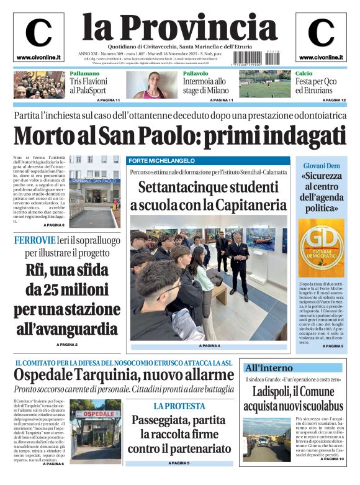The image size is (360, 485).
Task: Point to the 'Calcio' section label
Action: click(x=304, y=74)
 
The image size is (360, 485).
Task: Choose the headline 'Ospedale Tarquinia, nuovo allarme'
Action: click(x=124, y=376)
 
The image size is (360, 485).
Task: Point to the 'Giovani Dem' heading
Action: click(x=321, y=166)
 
